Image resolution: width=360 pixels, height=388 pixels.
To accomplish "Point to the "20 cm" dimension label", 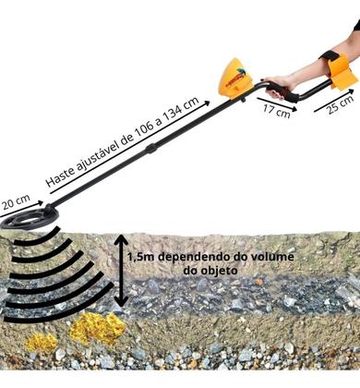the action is (16, 198).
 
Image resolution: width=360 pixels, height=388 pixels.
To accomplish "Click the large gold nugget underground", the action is (96, 328).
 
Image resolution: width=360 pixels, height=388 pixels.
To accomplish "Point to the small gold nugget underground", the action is (40, 342).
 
